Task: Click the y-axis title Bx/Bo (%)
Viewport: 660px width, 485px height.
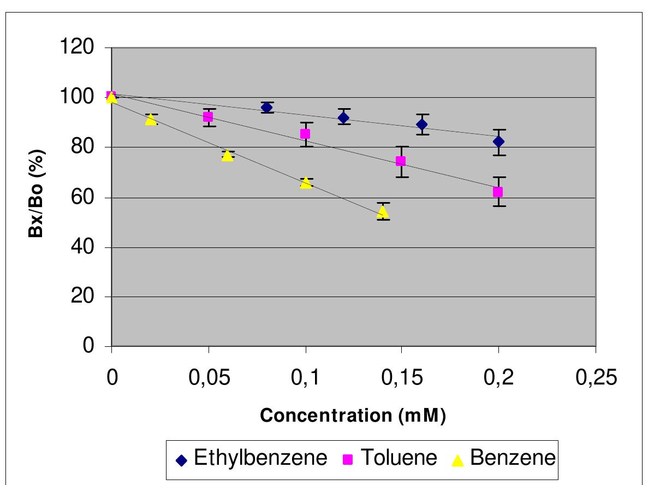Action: click(x=36, y=197)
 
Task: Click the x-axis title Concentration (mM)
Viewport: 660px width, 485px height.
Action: click(x=353, y=416)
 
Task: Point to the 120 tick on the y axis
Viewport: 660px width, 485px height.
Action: click(x=80, y=48)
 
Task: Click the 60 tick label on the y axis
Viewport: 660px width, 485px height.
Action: click(x=86, y=198)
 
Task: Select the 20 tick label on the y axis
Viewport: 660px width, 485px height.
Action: click(x=86, y=297)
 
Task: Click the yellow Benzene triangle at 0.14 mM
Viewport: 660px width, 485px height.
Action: click(x=383, y=211)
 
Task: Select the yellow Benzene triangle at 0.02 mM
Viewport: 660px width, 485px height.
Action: click(x=151, y=120)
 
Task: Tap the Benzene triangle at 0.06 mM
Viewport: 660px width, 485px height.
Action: click(x=228, y=156)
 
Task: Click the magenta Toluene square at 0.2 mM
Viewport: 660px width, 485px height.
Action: click(x=498, y=192)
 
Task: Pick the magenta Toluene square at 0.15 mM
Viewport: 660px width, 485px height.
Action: click(x=401, y=161)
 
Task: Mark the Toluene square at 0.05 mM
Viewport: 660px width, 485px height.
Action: click(x=208, y=117)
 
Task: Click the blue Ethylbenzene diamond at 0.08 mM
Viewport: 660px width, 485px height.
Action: click(x=266, y=107)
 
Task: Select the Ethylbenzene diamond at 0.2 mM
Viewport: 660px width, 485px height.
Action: click(x=498, y=141)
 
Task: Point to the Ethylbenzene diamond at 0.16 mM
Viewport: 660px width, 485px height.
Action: click(x=421, y=124)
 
